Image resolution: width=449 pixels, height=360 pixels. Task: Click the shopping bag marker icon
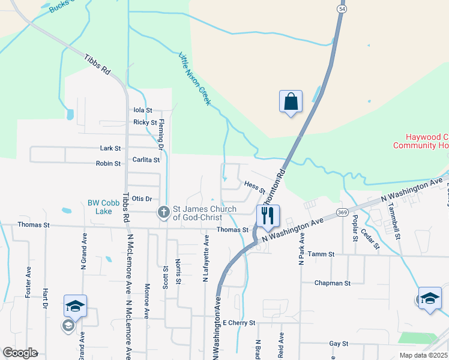click(291, 101)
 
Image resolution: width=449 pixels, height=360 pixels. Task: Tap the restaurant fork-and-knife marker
click(268, 215)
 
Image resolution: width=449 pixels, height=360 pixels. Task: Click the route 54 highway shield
click(342, 9)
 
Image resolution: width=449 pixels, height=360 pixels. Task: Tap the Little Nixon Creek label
click(195, 79)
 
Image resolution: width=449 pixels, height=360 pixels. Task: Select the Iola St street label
click(143, 110)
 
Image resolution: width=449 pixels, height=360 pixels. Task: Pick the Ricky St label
click(145, 122)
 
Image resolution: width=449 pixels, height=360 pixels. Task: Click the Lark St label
click(110, 148)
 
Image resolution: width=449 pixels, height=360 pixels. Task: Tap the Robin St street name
click(109, 163)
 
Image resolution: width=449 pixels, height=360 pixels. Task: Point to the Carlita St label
click(146, 160)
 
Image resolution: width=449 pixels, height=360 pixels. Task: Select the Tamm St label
click(321, 254)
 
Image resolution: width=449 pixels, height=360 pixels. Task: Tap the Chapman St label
click(333, 283)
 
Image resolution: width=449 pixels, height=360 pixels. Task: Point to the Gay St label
click(339, 344)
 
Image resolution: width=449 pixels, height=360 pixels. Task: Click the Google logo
click(19, 353)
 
